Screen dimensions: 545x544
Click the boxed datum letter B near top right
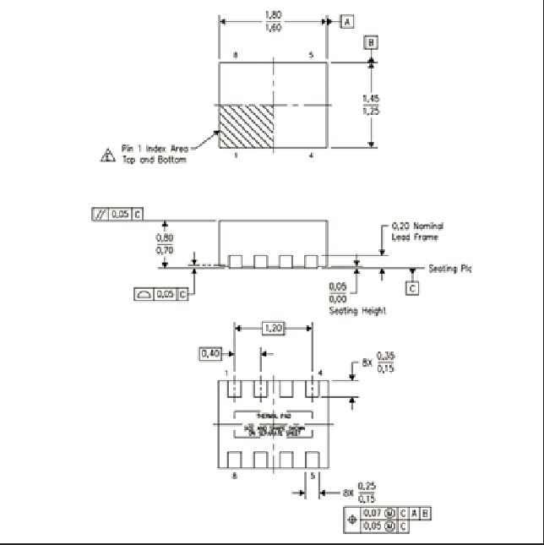371,42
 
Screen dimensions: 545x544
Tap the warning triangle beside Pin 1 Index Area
107,155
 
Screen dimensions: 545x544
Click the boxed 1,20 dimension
273,327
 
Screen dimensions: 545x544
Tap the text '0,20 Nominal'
417,226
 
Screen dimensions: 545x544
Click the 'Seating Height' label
357,311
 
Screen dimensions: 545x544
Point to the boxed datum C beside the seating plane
412,288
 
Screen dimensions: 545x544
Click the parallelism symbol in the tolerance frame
102,215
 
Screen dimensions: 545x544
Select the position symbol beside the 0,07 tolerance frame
351,519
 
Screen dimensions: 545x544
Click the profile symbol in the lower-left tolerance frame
144,294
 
